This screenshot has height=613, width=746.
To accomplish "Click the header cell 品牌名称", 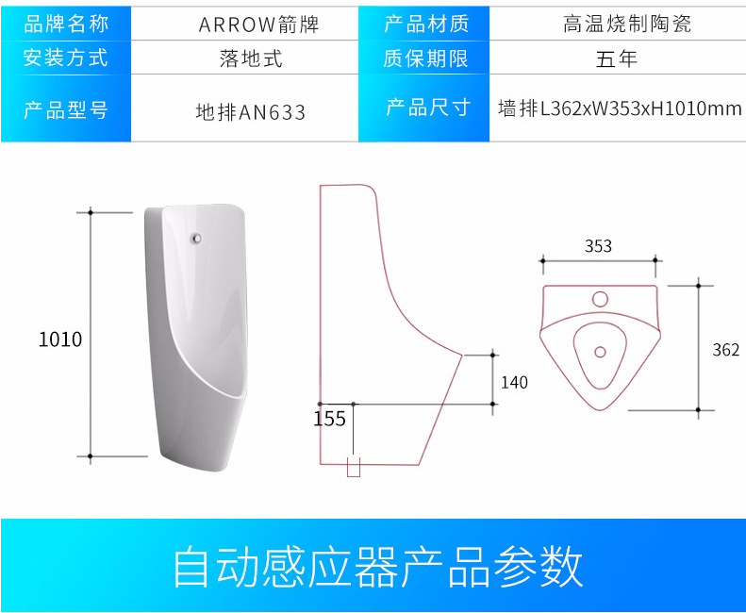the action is [x=65, y=24].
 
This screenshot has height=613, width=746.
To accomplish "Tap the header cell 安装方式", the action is [x=65, y=58].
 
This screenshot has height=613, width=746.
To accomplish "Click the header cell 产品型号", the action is [x=65, y=110].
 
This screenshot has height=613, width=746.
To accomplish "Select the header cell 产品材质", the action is [x=425, y=24].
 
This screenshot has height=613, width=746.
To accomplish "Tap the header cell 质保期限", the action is [x=425, y=58].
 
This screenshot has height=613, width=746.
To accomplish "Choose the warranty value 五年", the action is [x=617, y=58].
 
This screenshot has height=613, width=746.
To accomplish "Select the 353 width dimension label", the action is [x=598, y=246].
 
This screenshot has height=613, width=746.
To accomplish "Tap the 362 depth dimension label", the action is [x=725, y=350].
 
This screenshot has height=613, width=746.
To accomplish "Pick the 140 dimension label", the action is [x=514, y=382].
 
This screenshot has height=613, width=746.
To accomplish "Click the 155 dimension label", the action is [x=329, y=418].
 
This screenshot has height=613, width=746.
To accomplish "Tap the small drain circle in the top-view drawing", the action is [x=599, y=352].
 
